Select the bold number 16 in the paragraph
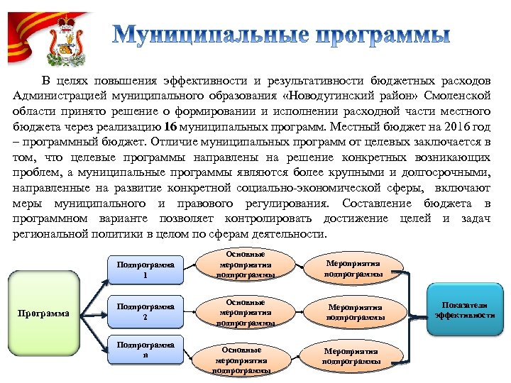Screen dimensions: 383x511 [x=170, y=127]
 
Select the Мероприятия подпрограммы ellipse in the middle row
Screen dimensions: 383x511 [x=355, y=312]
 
